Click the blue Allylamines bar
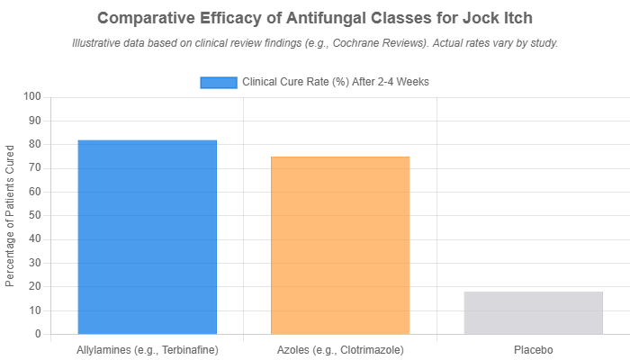[147, 237]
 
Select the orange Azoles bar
[340, 245]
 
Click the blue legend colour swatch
[218, 82]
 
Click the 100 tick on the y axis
[33, 96]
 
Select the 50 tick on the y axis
[36, 215]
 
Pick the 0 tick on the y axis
[39, 334]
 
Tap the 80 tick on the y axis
[36, 144]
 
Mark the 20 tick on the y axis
[36, 286]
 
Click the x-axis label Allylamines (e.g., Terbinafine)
[147, 349]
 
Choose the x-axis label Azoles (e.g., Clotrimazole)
[340, 349]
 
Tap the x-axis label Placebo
[533, 349]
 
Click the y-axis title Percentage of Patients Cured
[10, 214]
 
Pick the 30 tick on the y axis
[36, 263]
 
